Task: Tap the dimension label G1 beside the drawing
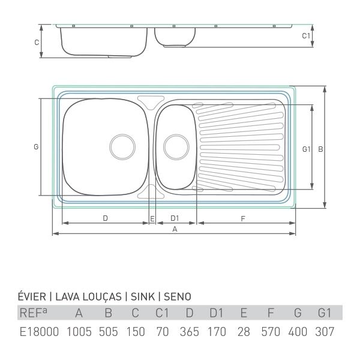click(306, 149)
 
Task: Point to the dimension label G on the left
click(36, 147)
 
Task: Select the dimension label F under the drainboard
click(243, 219)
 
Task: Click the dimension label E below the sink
click(152, 219)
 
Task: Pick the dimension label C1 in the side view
click(306, 36)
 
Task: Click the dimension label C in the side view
click(37, 43)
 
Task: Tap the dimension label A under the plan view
click(175, 229)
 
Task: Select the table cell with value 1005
click(79, 332)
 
